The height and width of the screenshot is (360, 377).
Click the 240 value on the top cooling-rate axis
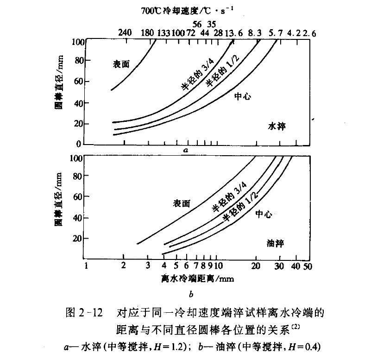(125, 33)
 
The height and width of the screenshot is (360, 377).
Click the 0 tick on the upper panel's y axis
(79, 144)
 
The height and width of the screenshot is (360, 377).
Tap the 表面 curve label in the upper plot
(122, 64)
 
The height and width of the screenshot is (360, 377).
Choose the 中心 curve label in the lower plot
(263, 214)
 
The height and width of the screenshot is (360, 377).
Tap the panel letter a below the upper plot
(185, 150)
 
